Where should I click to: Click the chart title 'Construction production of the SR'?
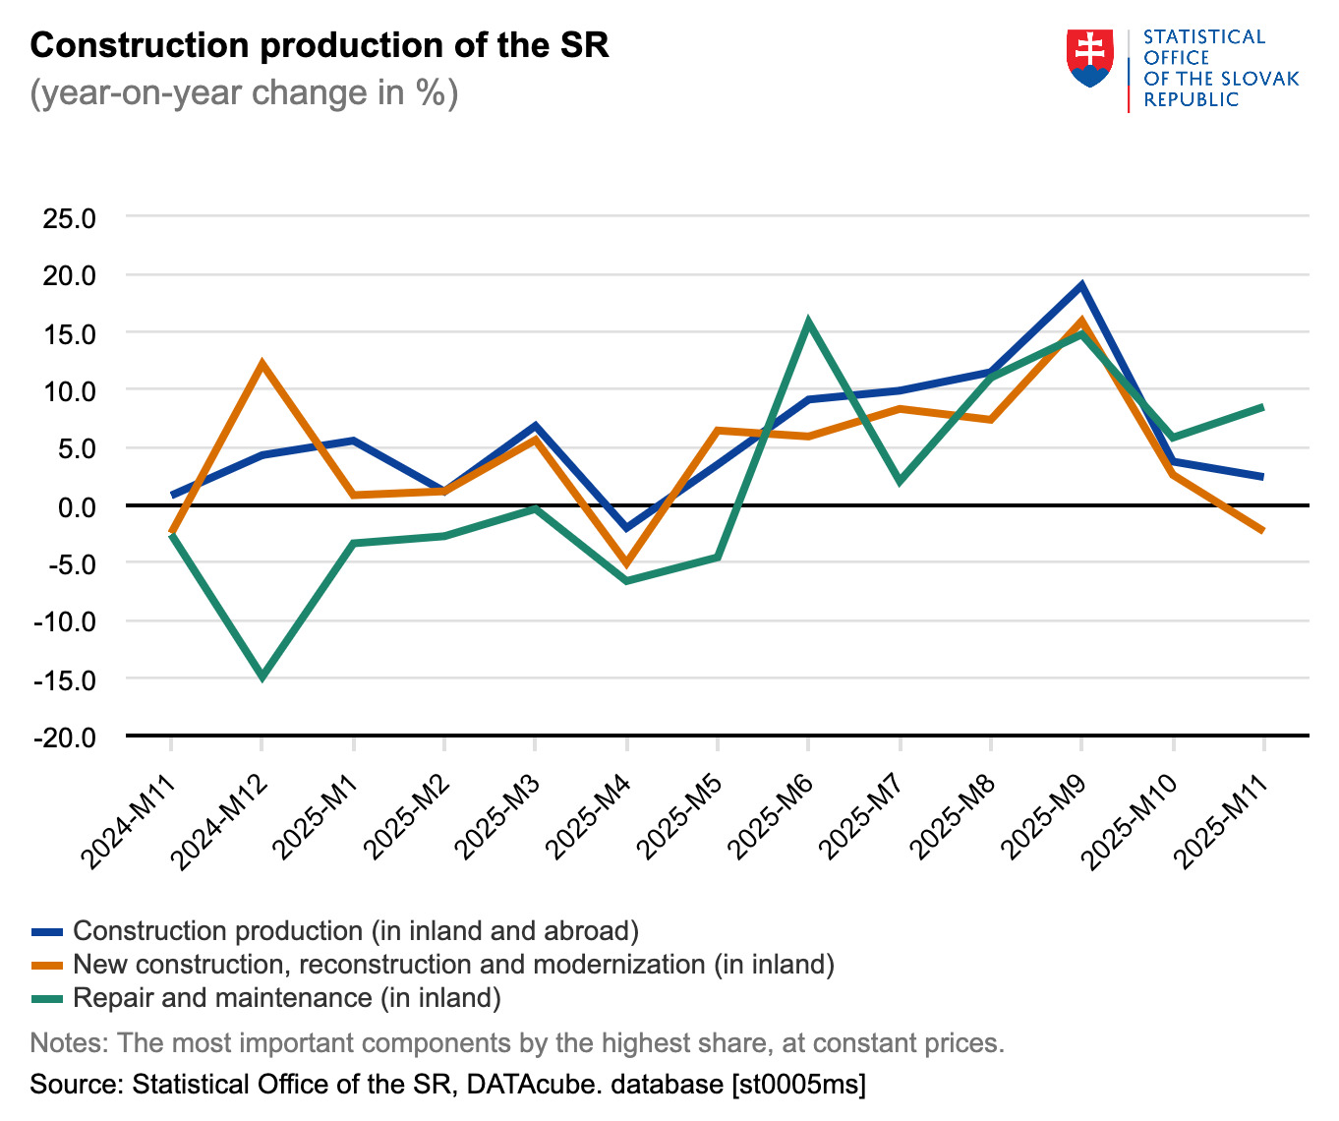[x=320, y=45]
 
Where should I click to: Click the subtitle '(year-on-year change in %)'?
[x=244, y=92]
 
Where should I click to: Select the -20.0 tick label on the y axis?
[x=65, y=737]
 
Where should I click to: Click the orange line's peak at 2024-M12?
[x=262, y=364]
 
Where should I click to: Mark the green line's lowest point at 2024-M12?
[x=262, y=677]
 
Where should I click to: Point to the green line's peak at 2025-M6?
[x=808, y=322]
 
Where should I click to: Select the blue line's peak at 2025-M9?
[x=1081, y=286]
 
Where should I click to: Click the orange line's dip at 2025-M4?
[x=626, y=564]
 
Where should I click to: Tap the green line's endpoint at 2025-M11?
[x=1262, y=407]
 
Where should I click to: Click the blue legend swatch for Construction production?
[x=47, y=931]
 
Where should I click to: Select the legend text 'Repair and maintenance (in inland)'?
[x=287, y=998]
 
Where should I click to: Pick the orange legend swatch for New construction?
[x=47, y=965]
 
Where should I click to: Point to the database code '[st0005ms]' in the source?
[x=798, y=1085]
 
